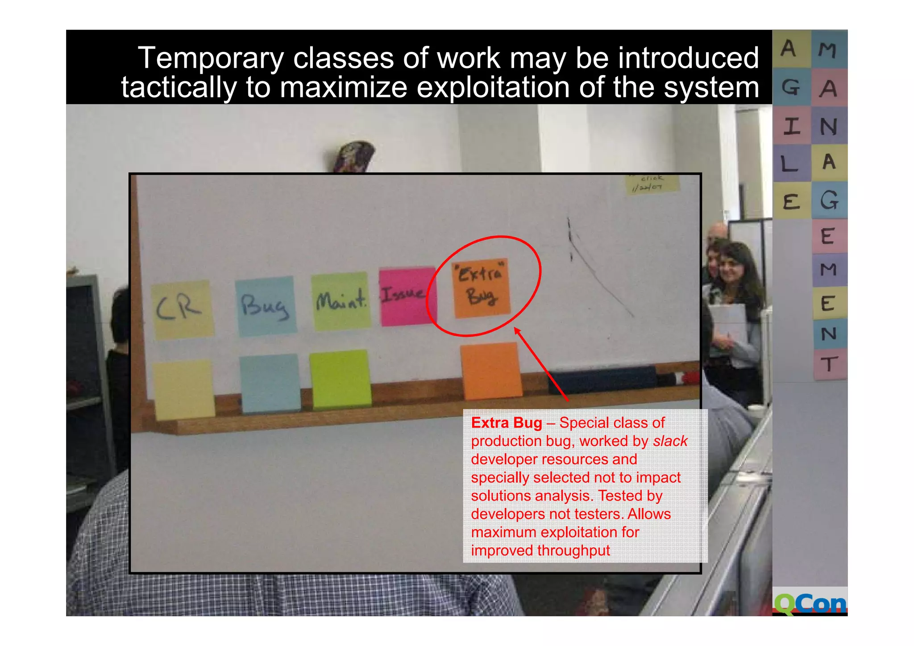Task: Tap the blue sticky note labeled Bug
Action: pyautogui.click(x=266, y=305)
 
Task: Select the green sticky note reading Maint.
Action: pyautogui.click(x=341, y=300)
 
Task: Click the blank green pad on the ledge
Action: pyautogui.click(x=341, y=379)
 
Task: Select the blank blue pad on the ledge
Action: pyautogui.click(x=270, y=383)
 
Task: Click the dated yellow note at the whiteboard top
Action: pyautogui.click(x=651, y=183)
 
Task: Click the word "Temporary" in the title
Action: pyautogui.click(x=211, y=58)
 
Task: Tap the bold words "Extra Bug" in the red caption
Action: pyautogui.click(x=507, y=422)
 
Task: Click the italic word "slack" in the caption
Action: pyautogui.click(x=670, y=441)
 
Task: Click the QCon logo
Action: pyautogui.click(x=810, y=604)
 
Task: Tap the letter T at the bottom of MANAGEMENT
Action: pyautogui.click(x=829, y=364)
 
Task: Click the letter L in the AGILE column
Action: pyautogui.click(x=790, y=164)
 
